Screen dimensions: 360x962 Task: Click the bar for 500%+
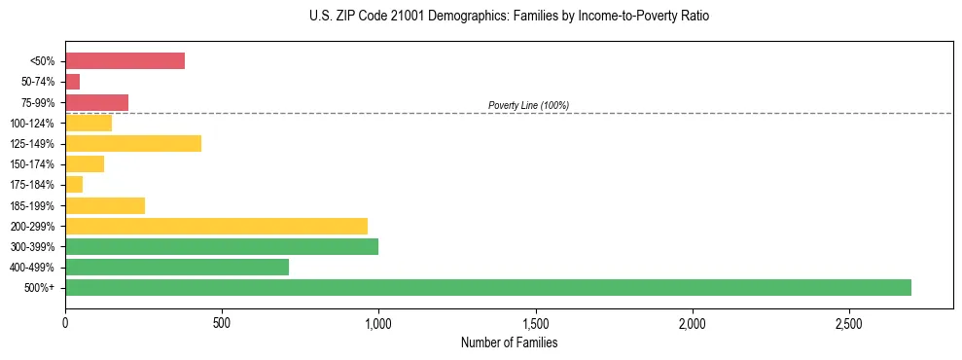tap(487, 287)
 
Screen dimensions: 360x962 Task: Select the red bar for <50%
tap(125, 60)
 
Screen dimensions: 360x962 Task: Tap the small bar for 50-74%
tap(73, 82)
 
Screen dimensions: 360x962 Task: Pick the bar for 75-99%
tap(96, 102)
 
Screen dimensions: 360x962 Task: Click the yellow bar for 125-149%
tap(133, 143)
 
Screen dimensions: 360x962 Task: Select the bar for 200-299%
tap(216, 226)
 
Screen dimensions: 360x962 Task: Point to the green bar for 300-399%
tap(222, 246)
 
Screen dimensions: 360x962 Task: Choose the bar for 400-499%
tap(177, 267)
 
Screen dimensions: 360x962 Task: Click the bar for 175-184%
tap(74, 184)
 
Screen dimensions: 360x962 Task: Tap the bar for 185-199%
tap(105, 205)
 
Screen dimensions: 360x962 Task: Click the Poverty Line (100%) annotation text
tap(528, 105)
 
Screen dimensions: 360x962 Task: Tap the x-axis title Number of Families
tap(509, 342)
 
